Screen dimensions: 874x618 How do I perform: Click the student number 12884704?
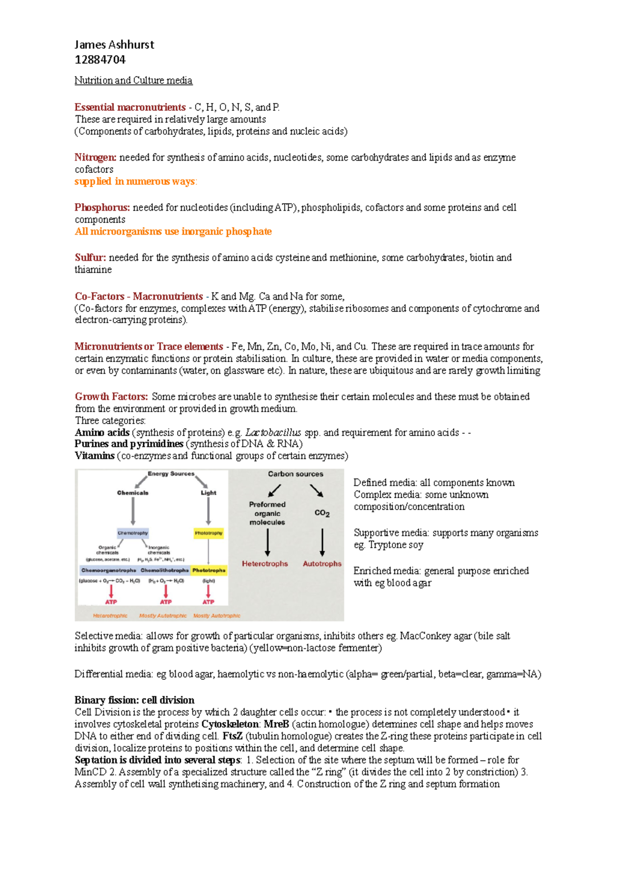100,60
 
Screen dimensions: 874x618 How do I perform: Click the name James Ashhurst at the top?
114,45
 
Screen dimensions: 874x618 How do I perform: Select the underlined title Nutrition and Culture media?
133,80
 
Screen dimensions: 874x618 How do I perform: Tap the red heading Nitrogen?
95,158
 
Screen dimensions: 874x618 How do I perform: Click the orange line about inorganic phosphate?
173,232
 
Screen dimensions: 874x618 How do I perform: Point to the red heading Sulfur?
90,257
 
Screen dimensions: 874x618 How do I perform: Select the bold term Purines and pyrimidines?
129,444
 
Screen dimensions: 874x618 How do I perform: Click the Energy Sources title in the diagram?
171,474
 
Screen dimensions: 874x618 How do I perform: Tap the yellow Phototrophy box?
209,533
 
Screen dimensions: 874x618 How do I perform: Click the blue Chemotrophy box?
133,533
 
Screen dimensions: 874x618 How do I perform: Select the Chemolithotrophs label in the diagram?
164,570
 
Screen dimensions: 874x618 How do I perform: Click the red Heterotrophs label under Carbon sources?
265,564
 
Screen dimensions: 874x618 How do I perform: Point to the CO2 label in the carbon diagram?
322,513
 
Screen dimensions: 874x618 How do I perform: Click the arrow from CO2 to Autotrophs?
322,541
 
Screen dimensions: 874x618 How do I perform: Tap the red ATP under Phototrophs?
208,602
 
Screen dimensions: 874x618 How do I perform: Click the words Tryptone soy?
396,545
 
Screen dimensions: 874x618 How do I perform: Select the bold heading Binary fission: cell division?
134,700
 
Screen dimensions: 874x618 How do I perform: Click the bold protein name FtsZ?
232,736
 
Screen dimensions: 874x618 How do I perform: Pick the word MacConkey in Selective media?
421,636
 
